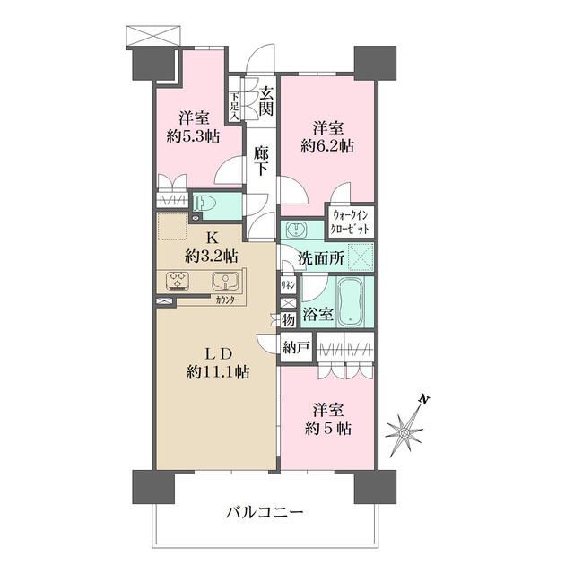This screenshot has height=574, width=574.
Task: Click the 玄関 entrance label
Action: coord(265,100)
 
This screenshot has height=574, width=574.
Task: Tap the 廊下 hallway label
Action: coord(262,161)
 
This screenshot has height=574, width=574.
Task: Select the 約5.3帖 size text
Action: coord(193,136)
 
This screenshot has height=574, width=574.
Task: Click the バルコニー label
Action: coord(264,513)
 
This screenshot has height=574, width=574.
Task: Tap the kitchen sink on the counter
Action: coord(223,282)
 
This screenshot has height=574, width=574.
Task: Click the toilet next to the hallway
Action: coord(206,203)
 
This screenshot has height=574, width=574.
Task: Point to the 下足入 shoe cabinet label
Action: coord(234,107)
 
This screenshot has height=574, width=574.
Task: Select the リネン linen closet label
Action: coord(289,284)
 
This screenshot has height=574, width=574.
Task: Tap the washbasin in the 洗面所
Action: coord(297,230)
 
